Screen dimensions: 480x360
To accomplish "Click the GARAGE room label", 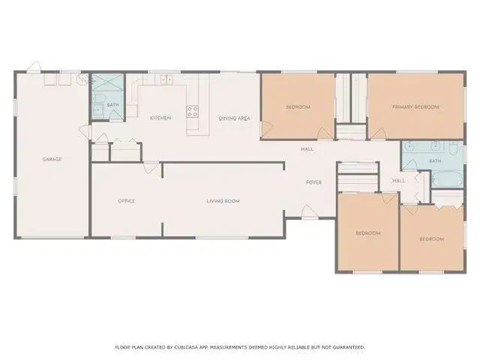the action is coord(52,159).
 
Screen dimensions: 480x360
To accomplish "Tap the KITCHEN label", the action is coord(160,118).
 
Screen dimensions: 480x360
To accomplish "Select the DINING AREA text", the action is coord(235,118).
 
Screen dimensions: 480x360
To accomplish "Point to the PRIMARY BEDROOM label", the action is coord(415,106).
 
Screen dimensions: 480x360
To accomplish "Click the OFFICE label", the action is coord(127,201).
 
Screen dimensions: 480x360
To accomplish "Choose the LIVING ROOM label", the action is coord(223,201).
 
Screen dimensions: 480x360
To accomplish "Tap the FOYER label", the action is coord(313,182).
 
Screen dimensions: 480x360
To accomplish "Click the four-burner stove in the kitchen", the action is coord(192,112).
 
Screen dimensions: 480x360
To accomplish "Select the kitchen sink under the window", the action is coord(166,79).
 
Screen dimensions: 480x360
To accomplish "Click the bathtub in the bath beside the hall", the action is coord(447,179).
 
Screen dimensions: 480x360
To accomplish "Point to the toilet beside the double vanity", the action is coord(453,148).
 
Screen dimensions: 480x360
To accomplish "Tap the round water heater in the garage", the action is coord(82,80).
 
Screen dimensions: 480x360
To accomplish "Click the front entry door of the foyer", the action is coord(310,211).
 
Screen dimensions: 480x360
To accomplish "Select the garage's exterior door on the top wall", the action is coord(33,67).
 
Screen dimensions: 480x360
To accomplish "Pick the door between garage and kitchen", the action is coord(85,132).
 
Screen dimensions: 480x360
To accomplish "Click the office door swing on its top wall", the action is coord(151,168).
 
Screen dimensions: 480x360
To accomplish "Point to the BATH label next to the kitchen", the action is coord(113,105).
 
